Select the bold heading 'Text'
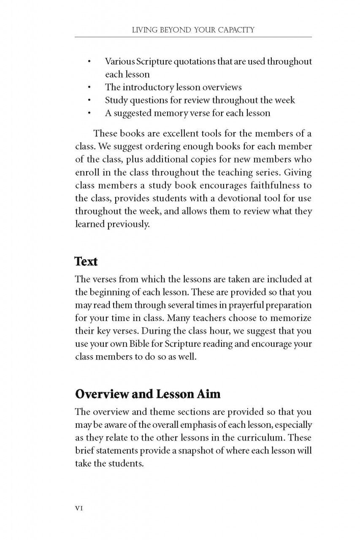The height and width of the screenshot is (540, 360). click(86, 261)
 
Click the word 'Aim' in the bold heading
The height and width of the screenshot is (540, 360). click(208, 394)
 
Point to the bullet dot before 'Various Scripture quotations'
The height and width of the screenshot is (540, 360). click(89, 62)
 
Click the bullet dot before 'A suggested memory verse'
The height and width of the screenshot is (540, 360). click(89, 113)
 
